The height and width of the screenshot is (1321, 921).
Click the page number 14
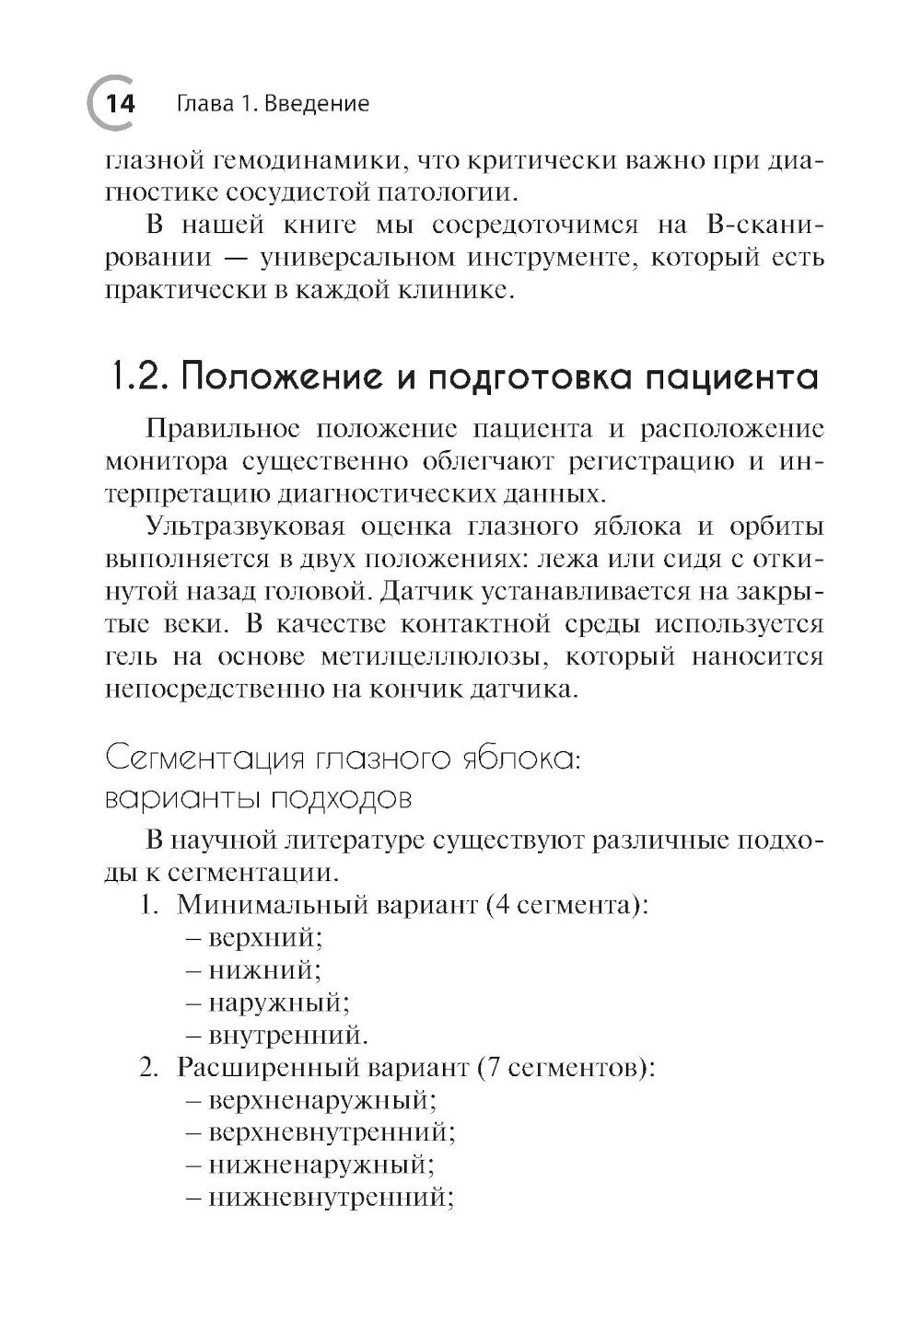[121, 103]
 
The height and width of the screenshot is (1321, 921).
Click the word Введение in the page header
[316, 103]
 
